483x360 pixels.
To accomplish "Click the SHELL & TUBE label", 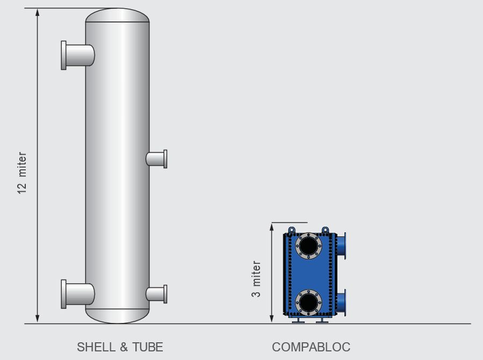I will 120,347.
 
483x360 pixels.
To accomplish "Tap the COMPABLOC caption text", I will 311,347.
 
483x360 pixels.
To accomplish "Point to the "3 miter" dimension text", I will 256,279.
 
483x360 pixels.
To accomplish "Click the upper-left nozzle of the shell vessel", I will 77,55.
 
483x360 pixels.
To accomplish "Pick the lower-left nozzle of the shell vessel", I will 77,294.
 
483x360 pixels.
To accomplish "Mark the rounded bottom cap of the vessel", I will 117,316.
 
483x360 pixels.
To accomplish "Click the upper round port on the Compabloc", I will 308,246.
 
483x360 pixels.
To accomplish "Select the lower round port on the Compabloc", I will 308,303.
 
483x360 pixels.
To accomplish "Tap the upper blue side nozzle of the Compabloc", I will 341,246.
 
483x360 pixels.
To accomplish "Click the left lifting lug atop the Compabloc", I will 292,231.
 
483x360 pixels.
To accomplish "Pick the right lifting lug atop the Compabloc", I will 325,231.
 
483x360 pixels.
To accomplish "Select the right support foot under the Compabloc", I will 322,321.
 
